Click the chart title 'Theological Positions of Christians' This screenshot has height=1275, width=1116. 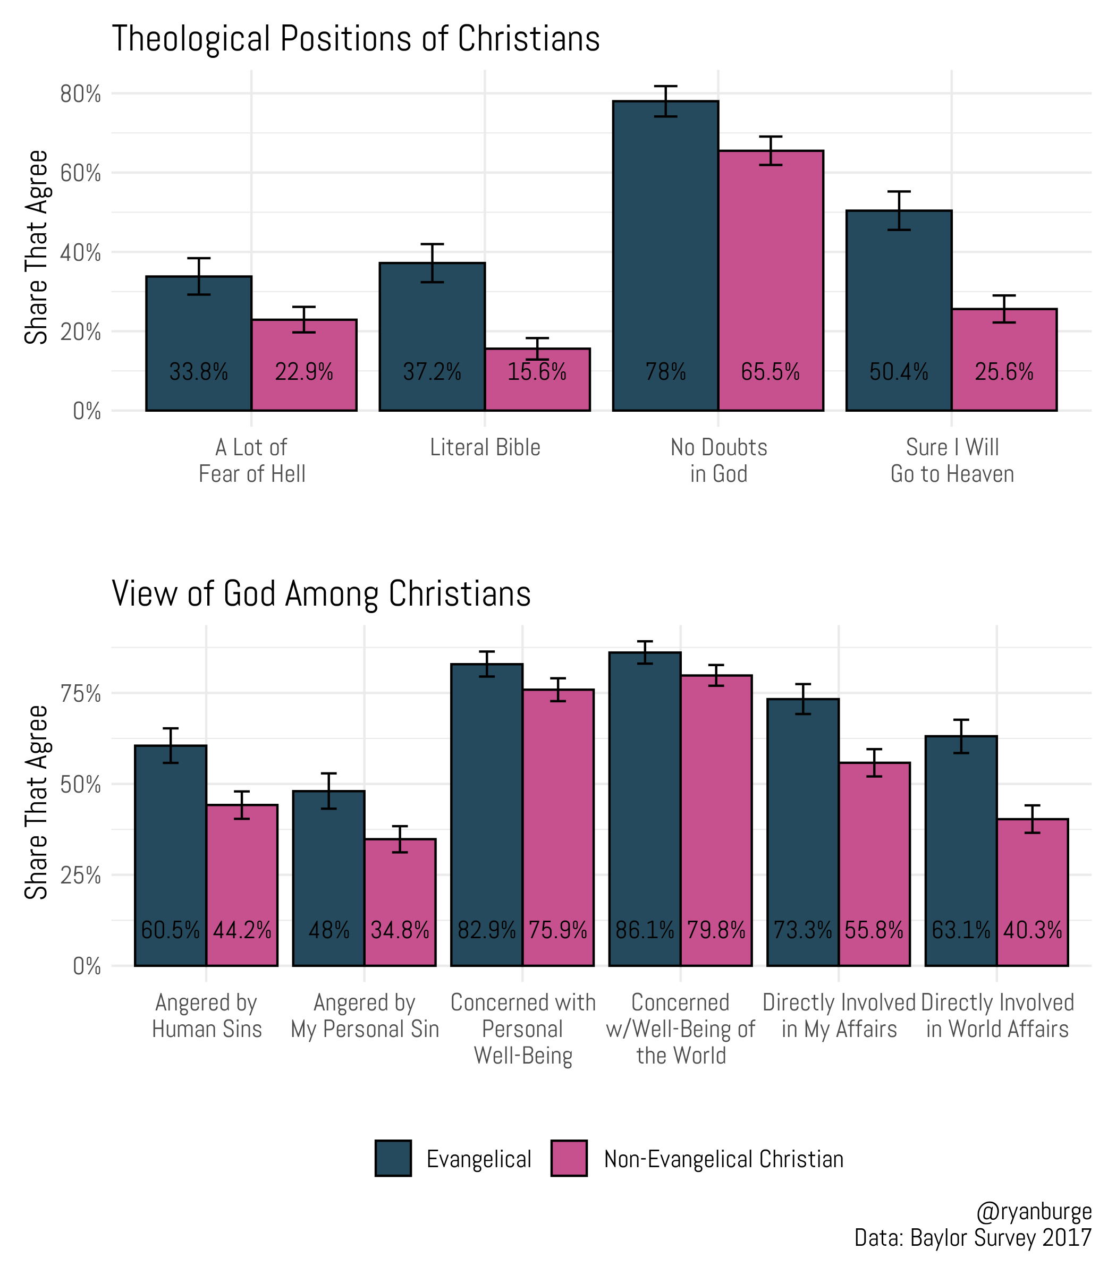coord(355,39)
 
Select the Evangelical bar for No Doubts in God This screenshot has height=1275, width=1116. coord(665,249)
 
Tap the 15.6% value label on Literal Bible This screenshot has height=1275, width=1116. coord(537,372)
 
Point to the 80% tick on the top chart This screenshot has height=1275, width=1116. coord(80,95)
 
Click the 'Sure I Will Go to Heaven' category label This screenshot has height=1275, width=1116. coord(952,461)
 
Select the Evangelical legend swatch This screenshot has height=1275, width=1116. coord(393,1159)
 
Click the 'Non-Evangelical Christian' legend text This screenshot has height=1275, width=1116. coord(724,1159)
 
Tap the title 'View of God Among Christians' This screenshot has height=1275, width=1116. coord(321,594)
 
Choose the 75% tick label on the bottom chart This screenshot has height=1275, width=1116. coord(80,693)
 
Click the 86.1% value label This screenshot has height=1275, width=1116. coord(645,931)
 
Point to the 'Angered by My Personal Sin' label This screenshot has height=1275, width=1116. coord(365,1016)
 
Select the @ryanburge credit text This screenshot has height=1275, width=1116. coord(1034,1211)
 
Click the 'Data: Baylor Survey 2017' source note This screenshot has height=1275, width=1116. coord(973,1238)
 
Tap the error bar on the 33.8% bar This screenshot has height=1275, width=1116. coord(199,276)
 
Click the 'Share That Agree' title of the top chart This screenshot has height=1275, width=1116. coord(36,247)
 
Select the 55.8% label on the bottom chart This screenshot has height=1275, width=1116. coord(874,931)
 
